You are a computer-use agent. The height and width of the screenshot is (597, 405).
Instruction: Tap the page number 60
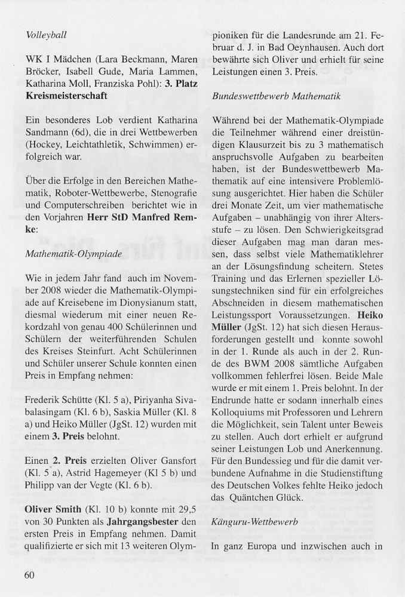pyautogui.click(x=31, y=576)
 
